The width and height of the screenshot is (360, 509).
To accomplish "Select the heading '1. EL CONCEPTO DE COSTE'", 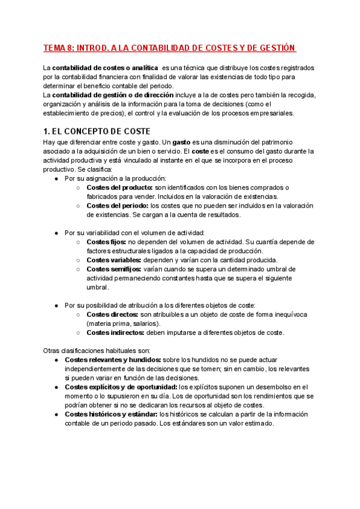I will pos(96,131).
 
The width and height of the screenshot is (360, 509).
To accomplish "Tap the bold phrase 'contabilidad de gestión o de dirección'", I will pos(113,94).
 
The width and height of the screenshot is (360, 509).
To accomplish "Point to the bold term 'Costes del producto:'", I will pos(120,187).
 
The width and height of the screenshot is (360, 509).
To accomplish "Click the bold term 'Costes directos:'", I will pos(112,315).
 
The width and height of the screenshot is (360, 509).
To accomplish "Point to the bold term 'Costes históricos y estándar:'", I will pos(111,414).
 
